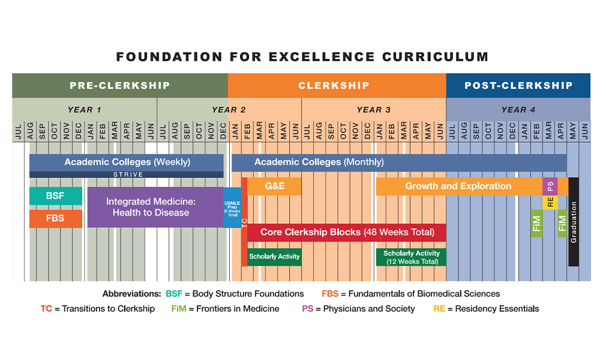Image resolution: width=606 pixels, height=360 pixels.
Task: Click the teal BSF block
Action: click(x=55, y=196)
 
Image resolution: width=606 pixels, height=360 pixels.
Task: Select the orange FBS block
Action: click(x=55, y=218)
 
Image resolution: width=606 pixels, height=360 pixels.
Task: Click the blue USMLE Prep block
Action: click(x=232, y=208)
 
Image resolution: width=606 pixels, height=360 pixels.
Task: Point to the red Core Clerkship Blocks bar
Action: click(x=347, y=232)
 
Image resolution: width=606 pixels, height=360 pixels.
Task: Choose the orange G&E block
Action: click(x=274, y=187)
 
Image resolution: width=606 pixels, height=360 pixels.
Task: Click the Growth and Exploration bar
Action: click(x=458, y=187)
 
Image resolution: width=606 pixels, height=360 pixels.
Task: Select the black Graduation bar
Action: click(x=574, y=222)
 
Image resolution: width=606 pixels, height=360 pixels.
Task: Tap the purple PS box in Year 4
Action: click(x=550, y=186)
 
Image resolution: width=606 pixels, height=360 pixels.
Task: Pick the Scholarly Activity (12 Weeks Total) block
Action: click(x=412, y=257)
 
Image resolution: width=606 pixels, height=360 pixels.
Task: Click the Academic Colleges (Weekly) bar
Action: click(x=127, y=162)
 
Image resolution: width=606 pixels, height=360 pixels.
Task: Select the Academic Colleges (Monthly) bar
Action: click(x=399, y=162)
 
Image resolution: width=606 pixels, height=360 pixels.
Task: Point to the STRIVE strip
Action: click(x=127, y=175)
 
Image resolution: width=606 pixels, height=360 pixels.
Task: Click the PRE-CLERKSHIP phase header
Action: click(x=119, y=85)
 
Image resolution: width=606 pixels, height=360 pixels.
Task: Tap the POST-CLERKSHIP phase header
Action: click(x=518, y=85)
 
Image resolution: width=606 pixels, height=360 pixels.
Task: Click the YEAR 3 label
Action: click(x=373, y=110)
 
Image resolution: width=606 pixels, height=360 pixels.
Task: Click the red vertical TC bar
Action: click(x=244, y=222)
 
